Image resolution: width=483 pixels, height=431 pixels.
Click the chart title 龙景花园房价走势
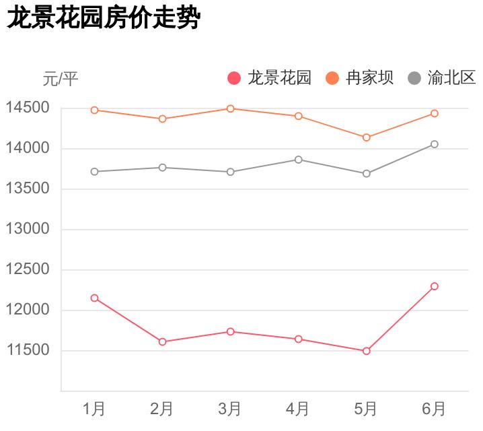tap(104, 18)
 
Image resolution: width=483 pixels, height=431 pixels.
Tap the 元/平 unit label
tap(61, 79)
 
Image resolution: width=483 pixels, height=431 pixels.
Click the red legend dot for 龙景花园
tap(234, 78)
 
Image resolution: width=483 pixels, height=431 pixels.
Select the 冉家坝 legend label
tap(369, 78)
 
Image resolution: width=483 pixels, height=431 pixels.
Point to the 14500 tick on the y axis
tap(28, 108)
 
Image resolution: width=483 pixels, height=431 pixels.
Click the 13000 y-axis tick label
tap(28, 229)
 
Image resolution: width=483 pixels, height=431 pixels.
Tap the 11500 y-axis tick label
tap(28, 350)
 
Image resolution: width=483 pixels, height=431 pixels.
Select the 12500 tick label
tap(28, 269)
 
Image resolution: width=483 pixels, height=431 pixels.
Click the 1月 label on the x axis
tap(94, 408)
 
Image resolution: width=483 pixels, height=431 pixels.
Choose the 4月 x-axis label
tap(298, 408)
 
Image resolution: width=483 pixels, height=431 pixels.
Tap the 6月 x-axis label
tap(434, 408)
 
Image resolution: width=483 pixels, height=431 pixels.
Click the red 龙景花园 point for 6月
tap(435, 286)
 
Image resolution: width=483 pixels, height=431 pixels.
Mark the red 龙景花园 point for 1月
tap(94, 298)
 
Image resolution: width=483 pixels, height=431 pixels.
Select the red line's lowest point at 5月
tap(367, 351)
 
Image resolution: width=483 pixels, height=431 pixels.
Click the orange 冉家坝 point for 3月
tap(230, 108)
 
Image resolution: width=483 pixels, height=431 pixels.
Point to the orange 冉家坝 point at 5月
tap(367, 137)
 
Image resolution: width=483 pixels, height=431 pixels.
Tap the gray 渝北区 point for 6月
tap(435, 144)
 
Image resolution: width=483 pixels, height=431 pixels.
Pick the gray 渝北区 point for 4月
tap(298, 160)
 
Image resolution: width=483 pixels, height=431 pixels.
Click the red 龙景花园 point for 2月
tap(162, 341)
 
